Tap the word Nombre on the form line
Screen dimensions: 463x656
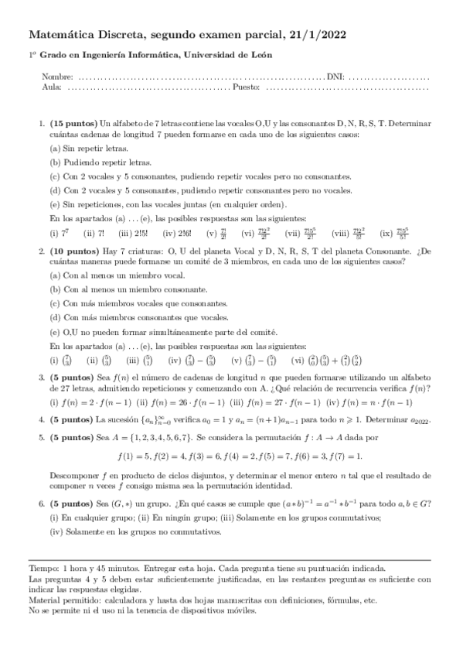click(58, 78)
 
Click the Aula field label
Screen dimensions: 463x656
click(52, 87)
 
